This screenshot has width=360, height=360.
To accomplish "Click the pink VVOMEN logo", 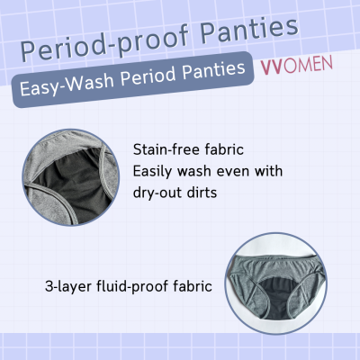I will tap(295, 66).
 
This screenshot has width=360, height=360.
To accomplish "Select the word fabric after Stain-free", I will tap(226, 149).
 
